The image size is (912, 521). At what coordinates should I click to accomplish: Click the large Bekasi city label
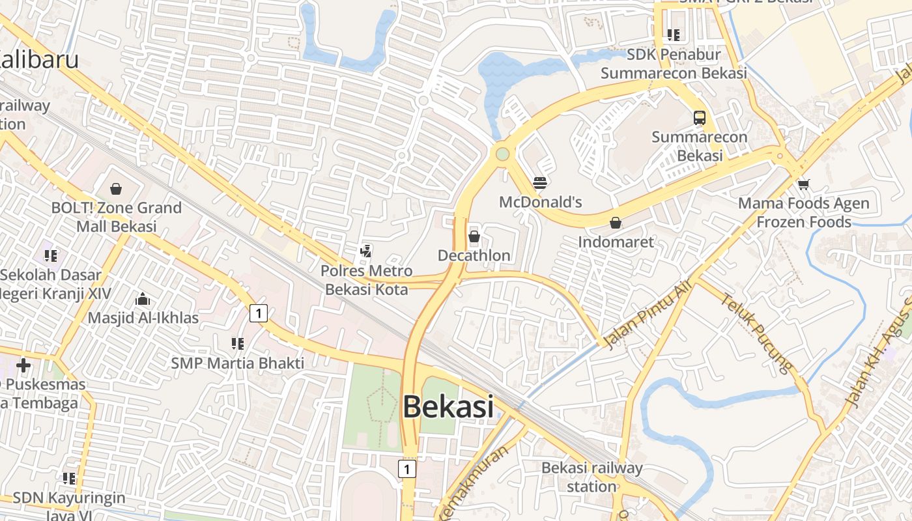click(x=448, y=408)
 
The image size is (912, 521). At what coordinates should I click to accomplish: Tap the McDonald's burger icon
click(x=539, y=183)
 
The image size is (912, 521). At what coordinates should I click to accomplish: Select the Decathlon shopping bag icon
click(x=474, y=236)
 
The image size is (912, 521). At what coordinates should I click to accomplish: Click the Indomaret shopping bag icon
click(x=615, y=223)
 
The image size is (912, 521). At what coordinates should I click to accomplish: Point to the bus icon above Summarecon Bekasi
click(x=699, y=118)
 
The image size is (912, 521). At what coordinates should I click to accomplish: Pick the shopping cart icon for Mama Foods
click(x=803, y=184)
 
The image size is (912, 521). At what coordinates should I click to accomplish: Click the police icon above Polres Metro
click(x=366, y=251)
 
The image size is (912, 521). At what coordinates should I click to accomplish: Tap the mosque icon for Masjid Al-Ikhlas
click(x=143, y=299)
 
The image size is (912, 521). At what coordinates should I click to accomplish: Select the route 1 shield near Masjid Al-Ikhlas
click(x=259, y=313)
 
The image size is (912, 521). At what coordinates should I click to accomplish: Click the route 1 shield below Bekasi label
click(x=407, y=469)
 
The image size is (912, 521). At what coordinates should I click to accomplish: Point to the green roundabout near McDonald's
click(x=502, y=154)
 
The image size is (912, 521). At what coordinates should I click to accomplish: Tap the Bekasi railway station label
click(x=591, y=477)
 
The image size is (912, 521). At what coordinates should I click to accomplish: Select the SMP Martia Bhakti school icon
click(x=237, y=343)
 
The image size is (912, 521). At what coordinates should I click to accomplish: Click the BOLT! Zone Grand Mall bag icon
click(x=116, y=189)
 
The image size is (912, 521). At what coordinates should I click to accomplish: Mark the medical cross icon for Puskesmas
click(x=23, y=365)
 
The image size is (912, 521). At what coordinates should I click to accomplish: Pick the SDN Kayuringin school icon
click(x=69, y=479)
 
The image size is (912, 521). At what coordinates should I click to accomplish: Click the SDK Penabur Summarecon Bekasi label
click(x=674, y=63)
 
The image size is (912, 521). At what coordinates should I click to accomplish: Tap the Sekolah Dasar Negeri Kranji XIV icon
click(x=51, y=255)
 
